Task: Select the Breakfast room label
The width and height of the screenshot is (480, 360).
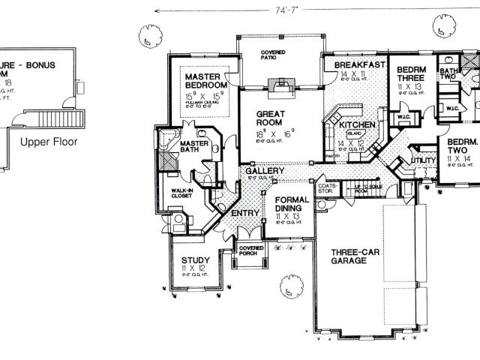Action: click(x=355, y=65)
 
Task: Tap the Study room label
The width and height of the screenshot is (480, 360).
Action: click(x=195, y=261)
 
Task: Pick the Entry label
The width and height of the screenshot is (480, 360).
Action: click(x=244, y=214)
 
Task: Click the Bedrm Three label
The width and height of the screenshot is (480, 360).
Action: click(x=411, y=70)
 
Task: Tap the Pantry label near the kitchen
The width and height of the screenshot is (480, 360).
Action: click(x=332, y=156)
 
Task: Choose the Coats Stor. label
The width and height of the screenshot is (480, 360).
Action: click(x=325, y=187)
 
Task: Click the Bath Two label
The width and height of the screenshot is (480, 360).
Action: click(x=448, y=72)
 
